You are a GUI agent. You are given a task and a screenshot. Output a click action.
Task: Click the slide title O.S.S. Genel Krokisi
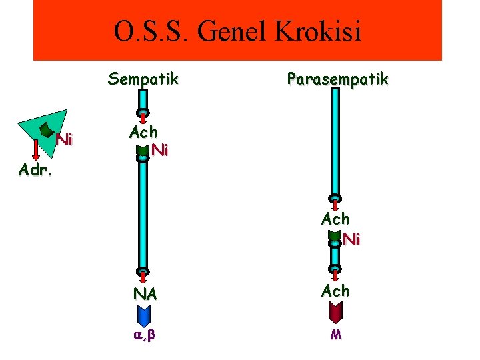pos(237,31)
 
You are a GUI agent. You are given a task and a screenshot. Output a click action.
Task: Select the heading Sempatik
pos(143,79)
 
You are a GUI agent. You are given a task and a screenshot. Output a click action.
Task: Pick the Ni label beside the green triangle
pos(64,140)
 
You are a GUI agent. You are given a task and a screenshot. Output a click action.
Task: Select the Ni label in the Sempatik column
pos(159,151)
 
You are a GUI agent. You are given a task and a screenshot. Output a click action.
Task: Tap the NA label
pos(144,294)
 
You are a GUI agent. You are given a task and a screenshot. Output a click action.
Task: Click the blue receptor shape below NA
pos(143,314)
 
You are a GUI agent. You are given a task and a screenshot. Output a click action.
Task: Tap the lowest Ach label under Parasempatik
pos(335,291)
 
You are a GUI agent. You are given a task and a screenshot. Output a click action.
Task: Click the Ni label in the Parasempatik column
pos(351,240)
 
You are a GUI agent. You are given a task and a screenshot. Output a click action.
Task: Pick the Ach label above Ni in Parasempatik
pos(335,219)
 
